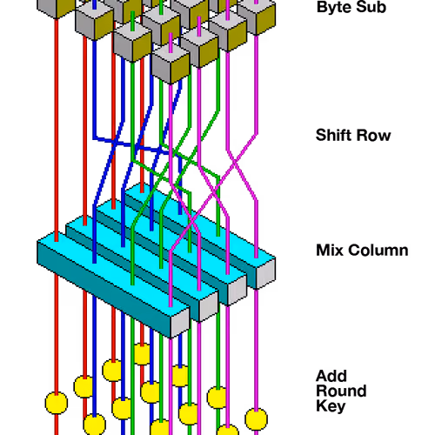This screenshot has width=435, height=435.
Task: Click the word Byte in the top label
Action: (x=333, y=8)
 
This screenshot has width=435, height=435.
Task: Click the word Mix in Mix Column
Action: (x=330, y=251)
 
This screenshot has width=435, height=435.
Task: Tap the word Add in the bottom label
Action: (x=331, y=376)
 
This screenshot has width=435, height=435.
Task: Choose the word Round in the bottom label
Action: (x=341, y=391)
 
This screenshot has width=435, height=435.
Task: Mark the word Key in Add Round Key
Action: (x=331, y=406)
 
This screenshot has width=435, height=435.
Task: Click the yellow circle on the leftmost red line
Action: (x=57, y=403)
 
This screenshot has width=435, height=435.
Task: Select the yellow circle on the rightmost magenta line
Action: (x=256, y=419)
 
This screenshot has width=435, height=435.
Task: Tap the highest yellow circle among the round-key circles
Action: (x=142, y=354)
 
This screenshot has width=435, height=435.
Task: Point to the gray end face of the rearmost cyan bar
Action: (x=266, y=273)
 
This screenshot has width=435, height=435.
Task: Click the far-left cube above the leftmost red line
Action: (x=56, y=7)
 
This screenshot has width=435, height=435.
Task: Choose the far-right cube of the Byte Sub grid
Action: (x=257, y=16)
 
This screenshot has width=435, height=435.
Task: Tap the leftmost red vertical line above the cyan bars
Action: (x=57, y=130)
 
